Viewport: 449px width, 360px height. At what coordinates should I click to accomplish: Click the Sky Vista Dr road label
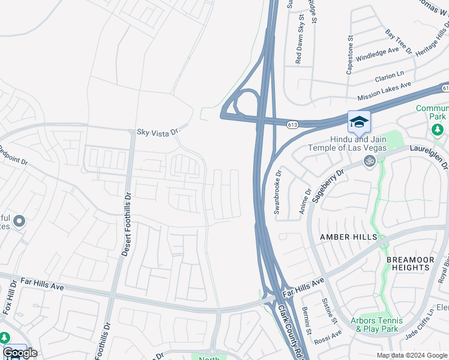(158, 131)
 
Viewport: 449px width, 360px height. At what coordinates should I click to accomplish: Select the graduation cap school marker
(359, 122)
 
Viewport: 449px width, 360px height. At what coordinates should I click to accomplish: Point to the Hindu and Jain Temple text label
(346, 143)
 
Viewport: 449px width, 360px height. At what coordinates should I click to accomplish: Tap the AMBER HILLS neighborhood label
(349, 237)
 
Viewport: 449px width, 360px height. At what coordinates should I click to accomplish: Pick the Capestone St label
(350, 55)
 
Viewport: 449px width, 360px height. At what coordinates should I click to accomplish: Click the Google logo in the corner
(20, 353)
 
